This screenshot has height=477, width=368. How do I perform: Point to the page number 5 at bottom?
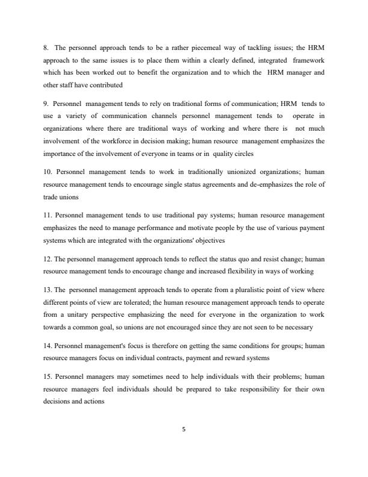coord(184,429)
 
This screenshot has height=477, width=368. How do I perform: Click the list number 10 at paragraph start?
coord(48,172)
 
